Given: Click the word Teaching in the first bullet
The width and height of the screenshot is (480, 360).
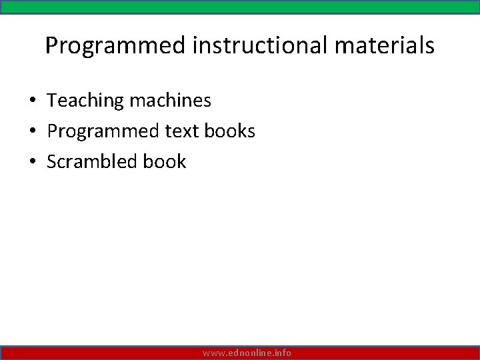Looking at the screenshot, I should tap(86, 101).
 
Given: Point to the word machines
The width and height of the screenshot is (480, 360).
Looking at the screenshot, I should tap(171, 101).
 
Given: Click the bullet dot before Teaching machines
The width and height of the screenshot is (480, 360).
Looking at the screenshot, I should tap(32, 101).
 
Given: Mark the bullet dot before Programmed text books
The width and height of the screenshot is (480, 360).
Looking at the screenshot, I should tap(32, 132).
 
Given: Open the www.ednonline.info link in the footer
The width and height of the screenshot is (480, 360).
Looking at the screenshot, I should tap(247, 353).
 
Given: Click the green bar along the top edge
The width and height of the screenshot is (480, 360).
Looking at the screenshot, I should tap(240, 7).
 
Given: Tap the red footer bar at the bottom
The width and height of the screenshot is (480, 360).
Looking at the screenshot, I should tap(100, 353).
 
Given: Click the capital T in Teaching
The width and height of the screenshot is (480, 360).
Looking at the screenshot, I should tap(53, 101).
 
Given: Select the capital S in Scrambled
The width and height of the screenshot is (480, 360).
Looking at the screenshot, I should tap(52, 162).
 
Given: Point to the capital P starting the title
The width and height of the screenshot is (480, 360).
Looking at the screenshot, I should tap(52, 46).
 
